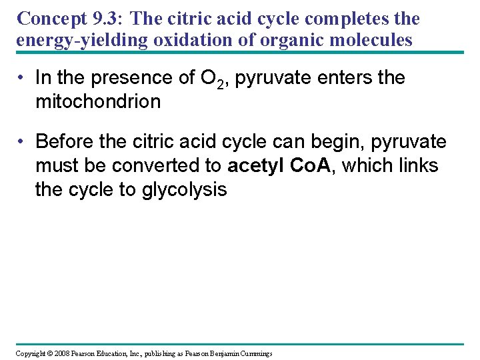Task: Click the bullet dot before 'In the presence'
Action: pyautogui.click(x=22, y=77)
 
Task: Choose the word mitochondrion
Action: pyautogui.click(x=98, y=101)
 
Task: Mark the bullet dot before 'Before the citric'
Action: pyautogui.click(x=22, y=141)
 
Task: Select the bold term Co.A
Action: pyautogui.click(x=313, y=165)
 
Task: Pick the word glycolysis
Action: pyautogui.click(x=185, y=189)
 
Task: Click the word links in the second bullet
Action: pyautogui.click(x=416, y=165)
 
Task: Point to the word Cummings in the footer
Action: pyautogui.click(x=252, y=353)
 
